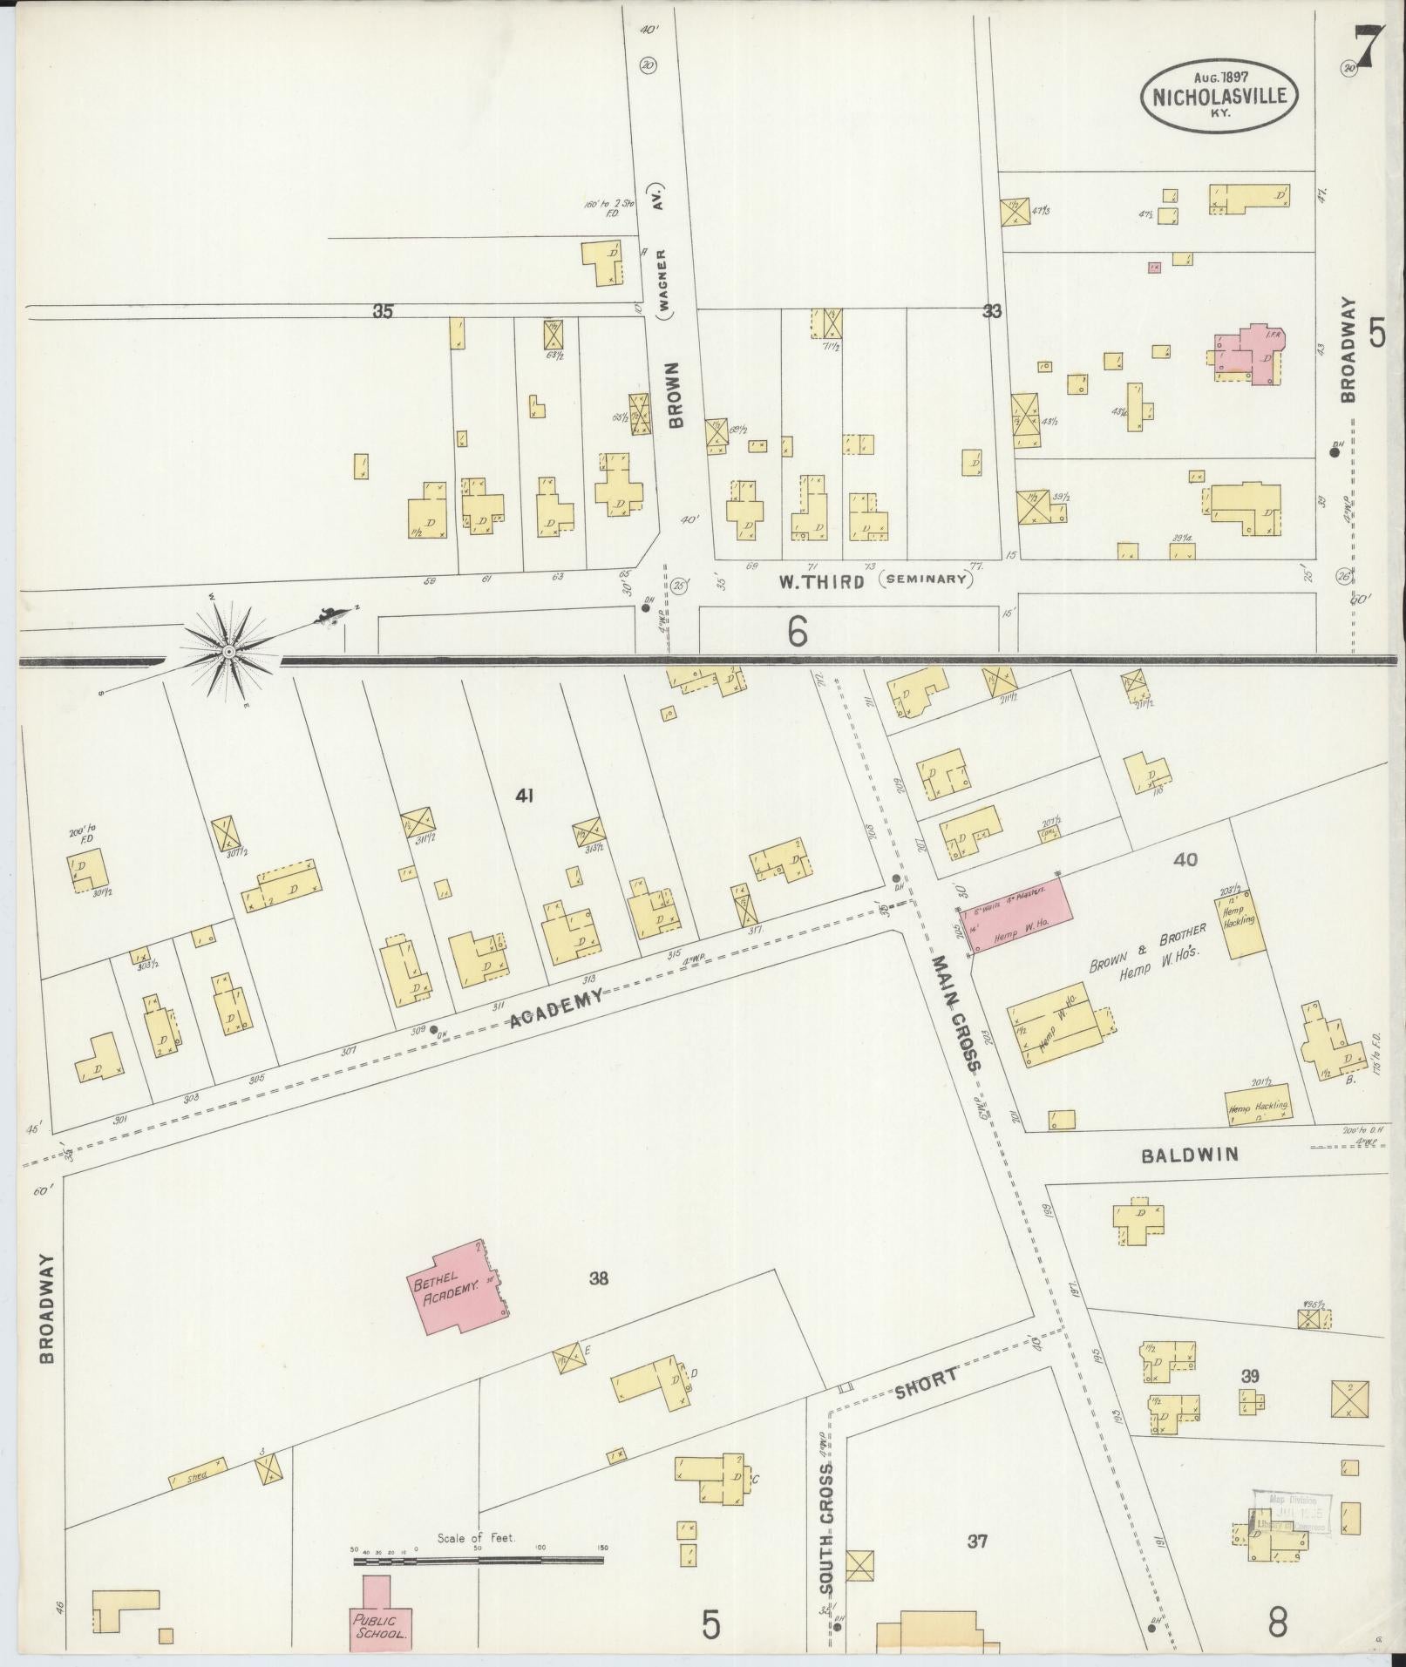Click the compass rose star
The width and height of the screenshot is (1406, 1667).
(228, 652)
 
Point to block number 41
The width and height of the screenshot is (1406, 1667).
(524, 795)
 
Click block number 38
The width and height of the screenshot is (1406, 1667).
(598, 1278)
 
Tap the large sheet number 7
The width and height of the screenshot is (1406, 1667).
(1369, 50)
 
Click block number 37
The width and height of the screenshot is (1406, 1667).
(977, 1541)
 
